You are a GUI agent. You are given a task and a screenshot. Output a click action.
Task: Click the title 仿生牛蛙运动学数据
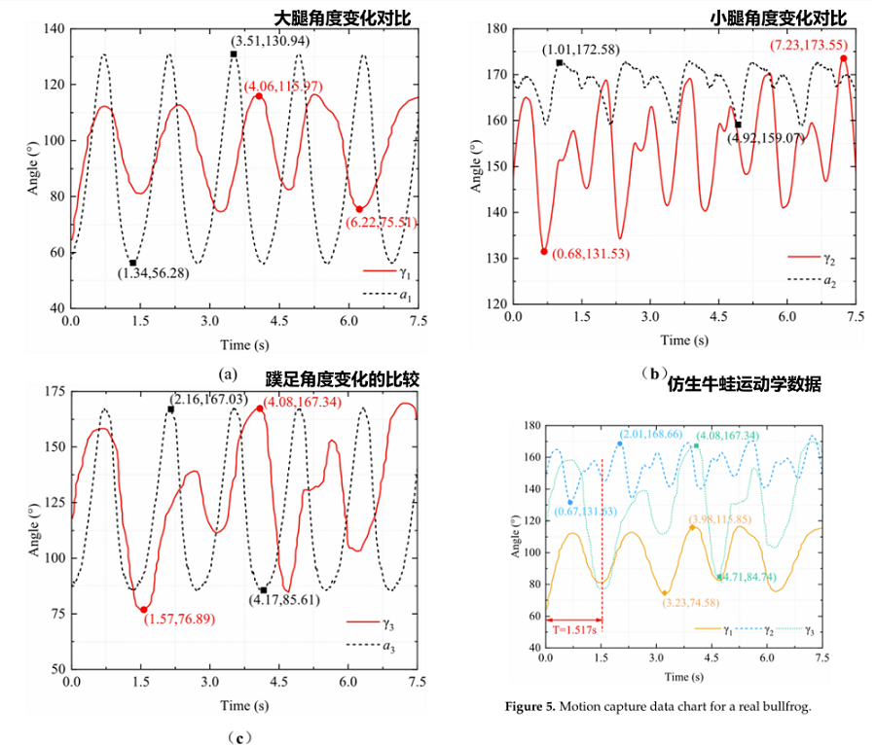pos(746,384)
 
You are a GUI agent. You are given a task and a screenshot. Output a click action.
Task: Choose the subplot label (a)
pos(228,373)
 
